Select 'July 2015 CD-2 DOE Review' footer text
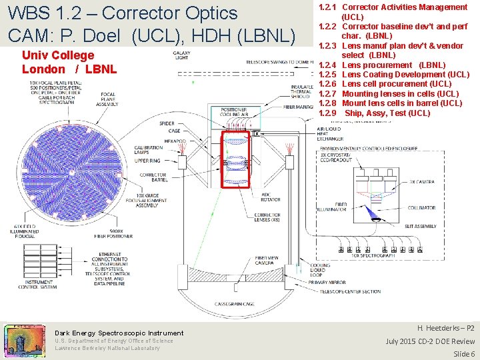point(430,341)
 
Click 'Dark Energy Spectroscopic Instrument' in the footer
point(119,333)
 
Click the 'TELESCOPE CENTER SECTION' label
point(350,291)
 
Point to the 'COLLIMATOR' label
point(422,208)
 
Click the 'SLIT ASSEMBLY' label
point(420,226)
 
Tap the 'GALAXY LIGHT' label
point(181,55)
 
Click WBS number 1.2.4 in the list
point(327,65)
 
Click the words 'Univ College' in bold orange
point(58,55)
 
